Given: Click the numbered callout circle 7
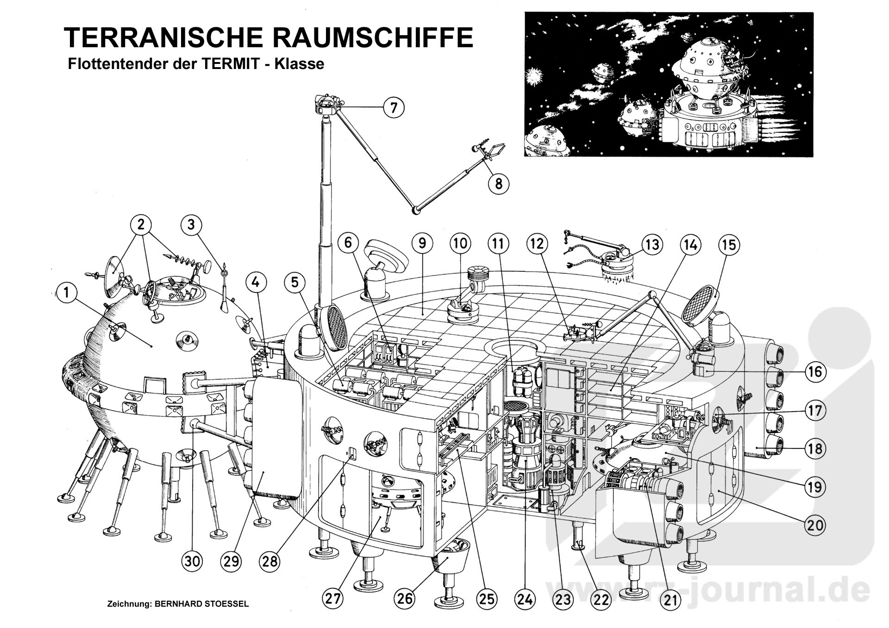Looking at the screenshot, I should (x=394, y=108).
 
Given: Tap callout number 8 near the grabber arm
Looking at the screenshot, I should (x=499, y=183).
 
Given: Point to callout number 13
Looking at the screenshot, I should (x=652, y=244).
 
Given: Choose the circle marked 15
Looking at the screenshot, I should (x=729, y=244).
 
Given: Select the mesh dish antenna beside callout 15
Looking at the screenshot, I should (x=701, y=303).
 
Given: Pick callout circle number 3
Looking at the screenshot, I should (x=191, y=225).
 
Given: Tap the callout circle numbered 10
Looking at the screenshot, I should (x=460, y=244).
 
